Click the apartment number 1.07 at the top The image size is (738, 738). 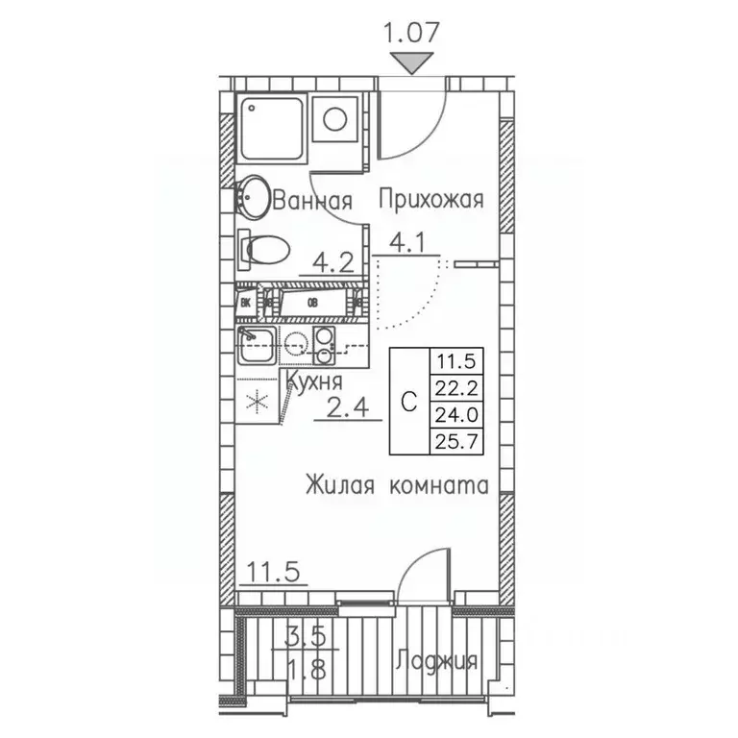(412, 31)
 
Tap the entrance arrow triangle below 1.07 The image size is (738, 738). (412, 64)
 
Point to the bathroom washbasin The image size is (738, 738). (253, 197)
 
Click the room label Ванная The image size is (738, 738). (313, 201)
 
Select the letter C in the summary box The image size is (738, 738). (407, 403)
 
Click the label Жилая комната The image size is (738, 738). (398, 486)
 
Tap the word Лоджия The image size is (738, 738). (435, 662)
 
